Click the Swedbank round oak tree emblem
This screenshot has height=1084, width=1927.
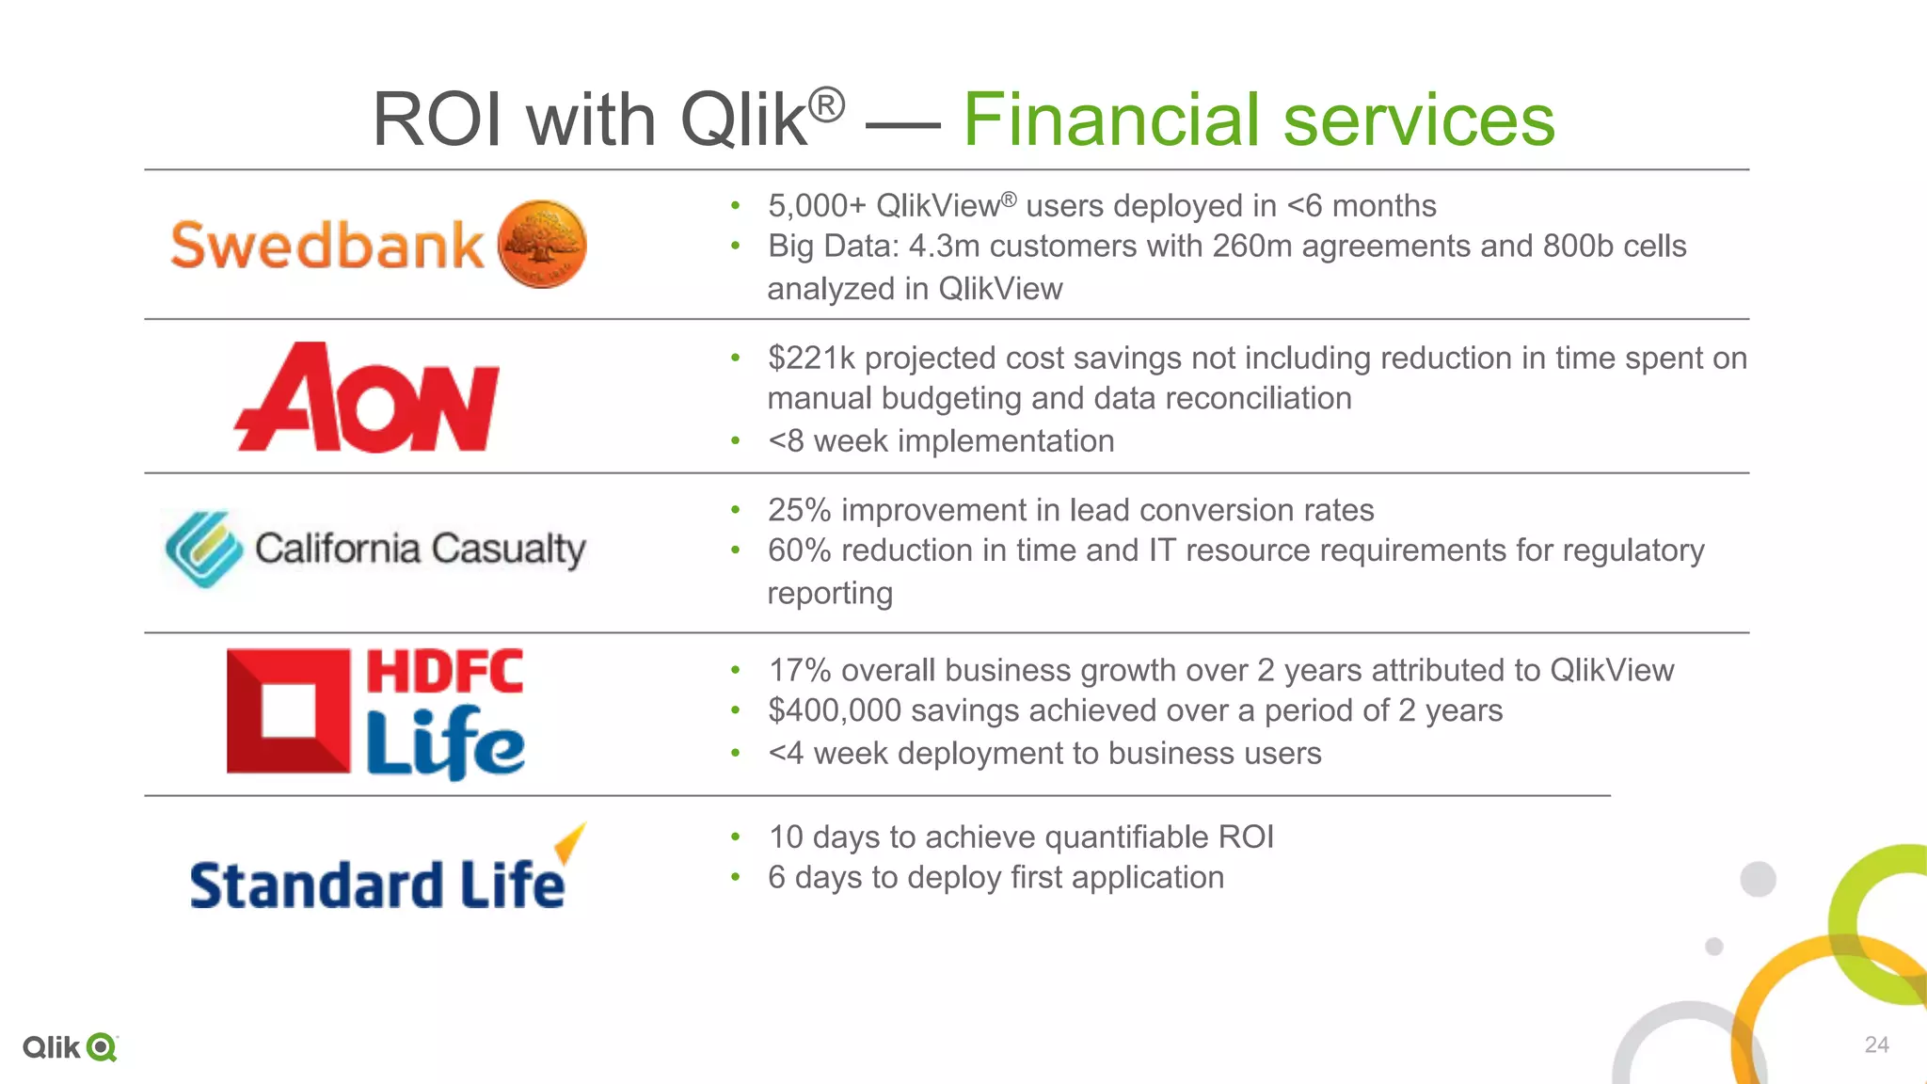(x=542, y=245)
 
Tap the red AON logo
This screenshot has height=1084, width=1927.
(x=367, y=398)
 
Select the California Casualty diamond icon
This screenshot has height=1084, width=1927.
(x=203, y=549)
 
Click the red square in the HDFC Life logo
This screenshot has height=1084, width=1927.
(x=288, y=711)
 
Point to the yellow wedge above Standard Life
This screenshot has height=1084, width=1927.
(x=570, y=840)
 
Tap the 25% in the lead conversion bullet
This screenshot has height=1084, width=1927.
(x=799, y=510)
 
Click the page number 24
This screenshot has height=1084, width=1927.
(x=1876, y=1044)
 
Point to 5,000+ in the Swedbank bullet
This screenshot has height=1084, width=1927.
(x=817, y=206)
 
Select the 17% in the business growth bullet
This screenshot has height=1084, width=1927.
(x=799, y=670)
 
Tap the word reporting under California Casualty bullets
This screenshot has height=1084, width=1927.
(x=829, y=594)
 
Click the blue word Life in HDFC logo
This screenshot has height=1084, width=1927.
(x=444, y=743)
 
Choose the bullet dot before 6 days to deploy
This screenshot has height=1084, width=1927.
(x=736, y=878)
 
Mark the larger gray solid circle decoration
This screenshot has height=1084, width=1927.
(x=1758, y=879)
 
